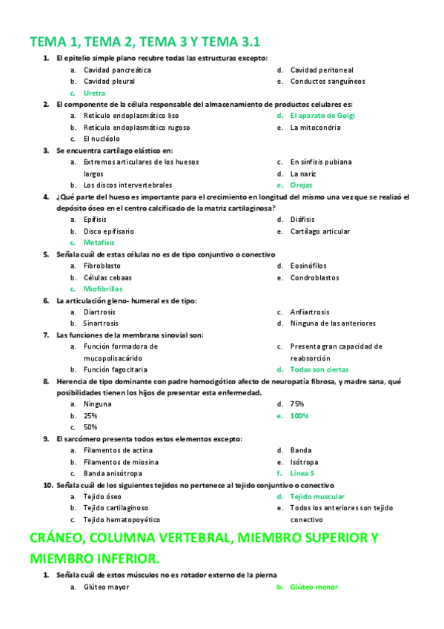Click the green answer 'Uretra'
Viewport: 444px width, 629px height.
click(x=94, y=93)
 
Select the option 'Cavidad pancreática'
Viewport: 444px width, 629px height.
click(x=117, y=70)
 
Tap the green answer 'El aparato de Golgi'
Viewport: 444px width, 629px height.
click(x=322, y=116)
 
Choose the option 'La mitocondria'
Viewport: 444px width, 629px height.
click(x=315, y=128)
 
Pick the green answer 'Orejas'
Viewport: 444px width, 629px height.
click(x=302, y=185)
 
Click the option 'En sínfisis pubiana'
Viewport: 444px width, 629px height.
click(x=320, y=162)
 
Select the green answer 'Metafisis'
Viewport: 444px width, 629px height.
click(x=98, y=243)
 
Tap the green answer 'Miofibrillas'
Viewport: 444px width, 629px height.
click(x=102, y=289)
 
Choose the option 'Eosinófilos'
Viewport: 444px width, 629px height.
click(x=308, y=266)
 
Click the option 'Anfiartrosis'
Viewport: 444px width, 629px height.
click(x=310, y=312)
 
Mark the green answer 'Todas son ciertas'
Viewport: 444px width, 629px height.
click(x=319, y=369)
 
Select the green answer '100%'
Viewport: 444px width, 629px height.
click(x=299, y=416)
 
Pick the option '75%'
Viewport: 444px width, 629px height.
click(x=297, y=404)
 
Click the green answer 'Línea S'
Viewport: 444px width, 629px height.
click(x=302, y=473)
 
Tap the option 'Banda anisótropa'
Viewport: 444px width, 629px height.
click(x=113, y=473)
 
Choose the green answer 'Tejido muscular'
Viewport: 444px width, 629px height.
click(x=317, y=496)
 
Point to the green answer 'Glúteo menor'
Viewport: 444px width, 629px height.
click(x=314, y=587)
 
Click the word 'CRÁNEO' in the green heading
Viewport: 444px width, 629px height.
click(x=64, y=538)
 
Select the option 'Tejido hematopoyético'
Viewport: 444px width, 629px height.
click(x=122, y=519)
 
